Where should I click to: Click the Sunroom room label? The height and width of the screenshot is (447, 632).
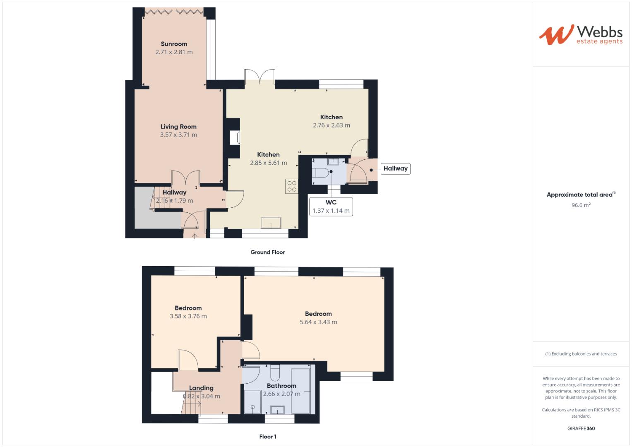click(x=174, y=44)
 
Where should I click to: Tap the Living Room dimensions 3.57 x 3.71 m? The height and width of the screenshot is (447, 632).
click(x=178, y=135)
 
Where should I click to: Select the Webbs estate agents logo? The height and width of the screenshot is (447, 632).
click(x=581, y=35)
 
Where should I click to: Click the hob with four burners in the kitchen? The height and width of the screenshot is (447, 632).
click(x=291, y=186)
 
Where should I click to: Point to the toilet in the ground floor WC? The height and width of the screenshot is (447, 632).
click(x=321, y=172)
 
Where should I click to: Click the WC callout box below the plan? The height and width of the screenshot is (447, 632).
click(x=331, y=207)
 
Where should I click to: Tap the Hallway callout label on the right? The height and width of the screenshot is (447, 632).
click(x=395, y=168)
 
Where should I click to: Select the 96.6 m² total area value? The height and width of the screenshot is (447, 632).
click(x=581, y=205)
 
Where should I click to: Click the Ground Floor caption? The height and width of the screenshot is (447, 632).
click(x=267, y=252)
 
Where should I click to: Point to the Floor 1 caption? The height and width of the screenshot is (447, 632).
click(x=267, y=437)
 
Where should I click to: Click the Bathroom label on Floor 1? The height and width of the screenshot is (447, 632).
click(x=281, y=386)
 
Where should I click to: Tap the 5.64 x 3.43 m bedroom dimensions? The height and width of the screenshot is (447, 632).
click(x=318, y=322)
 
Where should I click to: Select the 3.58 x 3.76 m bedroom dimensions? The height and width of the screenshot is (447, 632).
click(x=188, y=316)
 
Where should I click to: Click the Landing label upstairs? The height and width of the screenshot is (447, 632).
click(x=201, y=388)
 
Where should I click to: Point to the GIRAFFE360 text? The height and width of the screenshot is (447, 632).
click(x=581, y=428)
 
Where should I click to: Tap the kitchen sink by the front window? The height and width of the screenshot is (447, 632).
click(x=271, y=223)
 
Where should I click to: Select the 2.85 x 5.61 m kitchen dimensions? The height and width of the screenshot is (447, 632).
click(x=268, y=163)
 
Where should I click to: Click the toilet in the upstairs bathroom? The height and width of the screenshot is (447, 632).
click(x=274, y=374)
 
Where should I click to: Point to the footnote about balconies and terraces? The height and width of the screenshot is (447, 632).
click(x=581, y=354)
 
